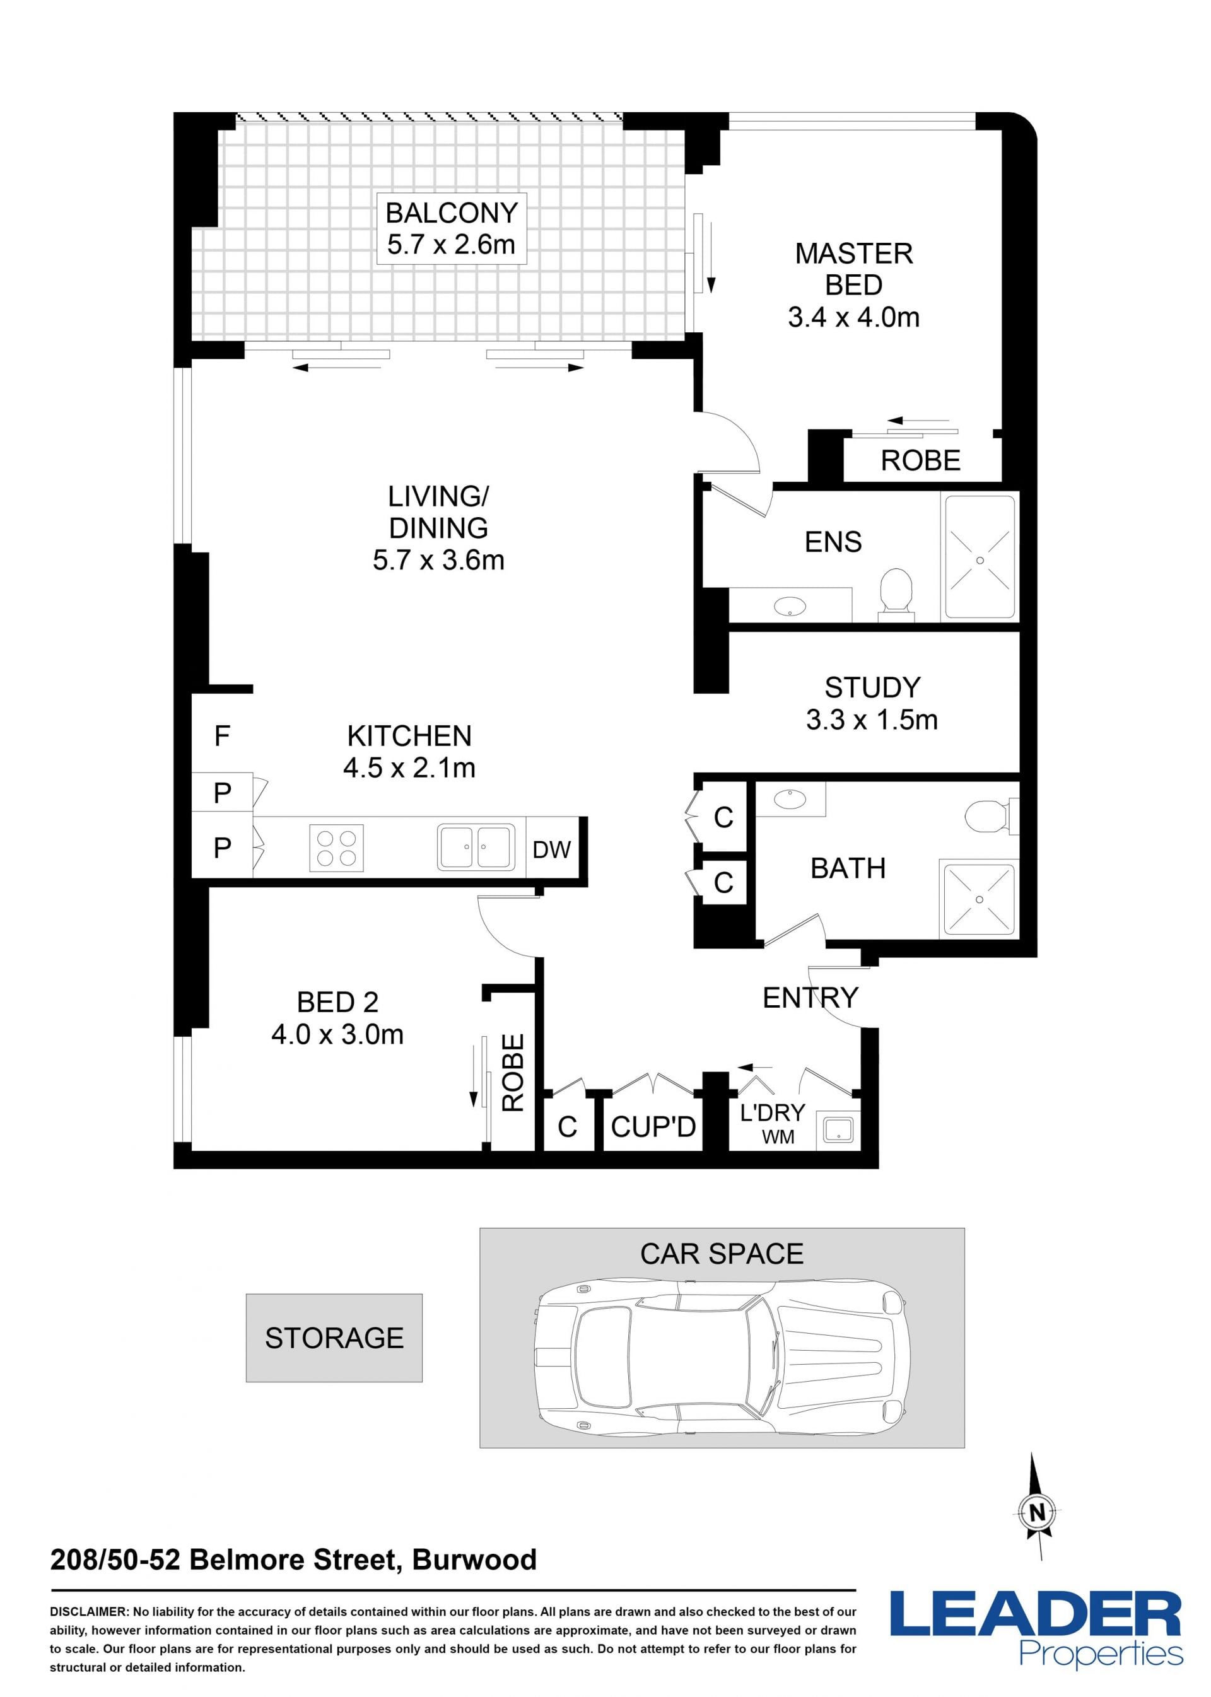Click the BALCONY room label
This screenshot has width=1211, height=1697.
(x=451, y=213)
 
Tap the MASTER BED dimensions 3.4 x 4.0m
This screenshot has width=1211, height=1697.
(x=854, y=318)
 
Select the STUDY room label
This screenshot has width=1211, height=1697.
(x=872, y=687)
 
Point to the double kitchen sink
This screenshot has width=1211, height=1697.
(x=476, y=847)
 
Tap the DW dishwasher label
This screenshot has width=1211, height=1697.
(x=552, y=850)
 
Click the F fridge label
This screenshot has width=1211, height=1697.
(x=222, y=737)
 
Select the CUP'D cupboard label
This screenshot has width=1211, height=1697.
(x=653, y=1127)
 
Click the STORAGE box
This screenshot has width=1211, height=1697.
(x=334, y=1338)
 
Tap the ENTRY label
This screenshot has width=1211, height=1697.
(x=810, y=998)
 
